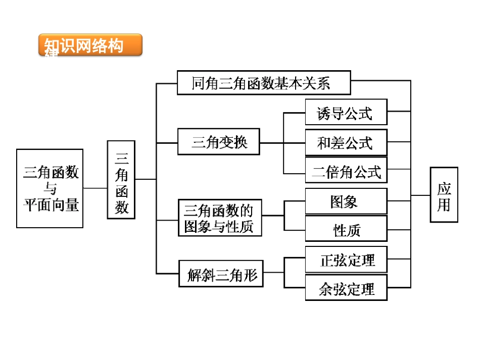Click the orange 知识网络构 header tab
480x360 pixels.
(90, 45)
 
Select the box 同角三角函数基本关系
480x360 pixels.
(263, 83)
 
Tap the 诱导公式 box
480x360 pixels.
(346, 112)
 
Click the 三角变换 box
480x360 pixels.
(219, 142)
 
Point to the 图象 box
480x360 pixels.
(346, 201)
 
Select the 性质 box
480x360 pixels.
(346, 230)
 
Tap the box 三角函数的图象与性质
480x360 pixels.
(220, 218)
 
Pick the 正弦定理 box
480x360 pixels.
(346, 260)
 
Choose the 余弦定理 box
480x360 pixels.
(346, 288)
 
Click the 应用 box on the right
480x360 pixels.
(444, 195)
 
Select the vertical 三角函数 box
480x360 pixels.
(121, 179)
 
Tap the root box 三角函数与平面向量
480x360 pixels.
(50, 188)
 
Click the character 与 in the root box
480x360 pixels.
(51, 189)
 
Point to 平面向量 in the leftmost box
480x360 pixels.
(51, 204)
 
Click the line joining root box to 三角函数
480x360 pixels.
(95, 188)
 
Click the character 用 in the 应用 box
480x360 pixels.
(444, 204)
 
